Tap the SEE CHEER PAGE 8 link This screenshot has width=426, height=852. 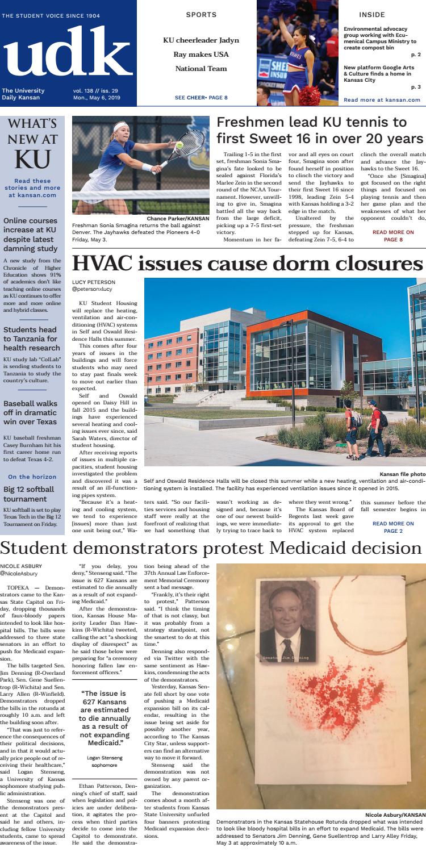tap(202, 98)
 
